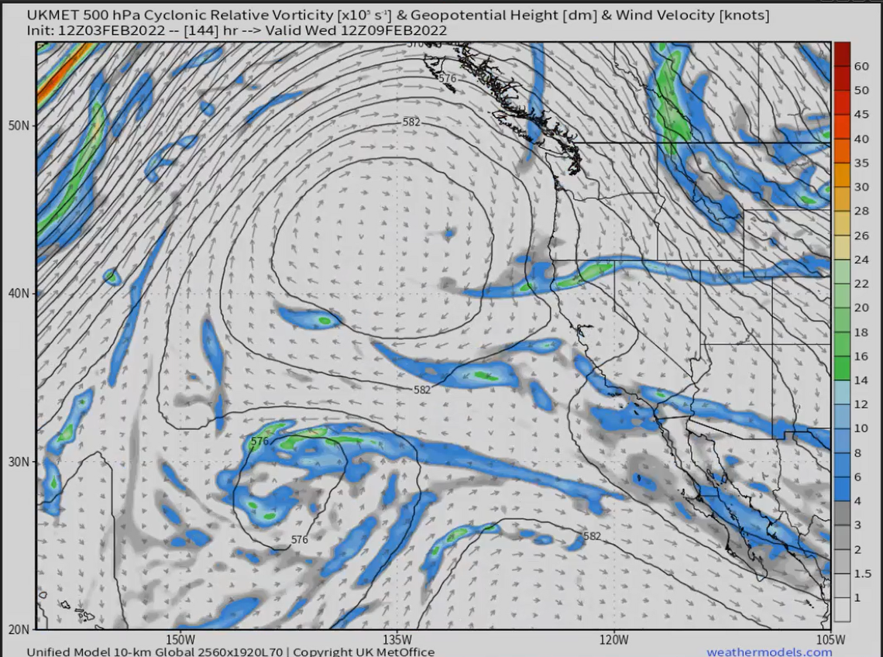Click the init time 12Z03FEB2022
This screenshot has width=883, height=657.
[x=109, y=30]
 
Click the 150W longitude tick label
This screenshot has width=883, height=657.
[x=179, y=640]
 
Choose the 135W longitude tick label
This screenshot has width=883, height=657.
[x=396, y=640]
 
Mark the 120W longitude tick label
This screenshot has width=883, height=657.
[x=613, y=640]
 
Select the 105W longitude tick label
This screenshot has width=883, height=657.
[x=830, y=640]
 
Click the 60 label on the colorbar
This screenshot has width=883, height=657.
[x=861, y=67]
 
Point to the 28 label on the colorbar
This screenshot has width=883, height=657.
[x=861, y=212]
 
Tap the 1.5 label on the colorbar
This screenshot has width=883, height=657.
[x=861, y=573]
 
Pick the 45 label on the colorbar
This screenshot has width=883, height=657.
[x=861, y=115]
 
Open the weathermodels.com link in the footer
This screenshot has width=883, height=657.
[x=769, y=652]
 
